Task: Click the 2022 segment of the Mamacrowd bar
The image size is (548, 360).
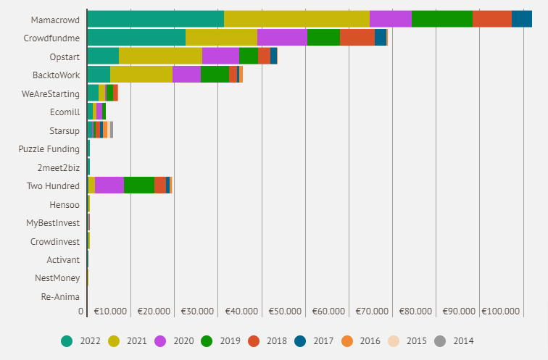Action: coord(155,20)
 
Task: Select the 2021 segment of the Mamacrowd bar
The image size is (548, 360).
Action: coord(296,20)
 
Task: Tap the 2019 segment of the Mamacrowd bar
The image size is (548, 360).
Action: coord(441,20)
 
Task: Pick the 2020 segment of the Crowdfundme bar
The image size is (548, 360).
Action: coord(282,38)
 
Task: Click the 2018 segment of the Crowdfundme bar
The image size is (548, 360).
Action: coord(357,38)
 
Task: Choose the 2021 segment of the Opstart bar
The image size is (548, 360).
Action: coord(160,56)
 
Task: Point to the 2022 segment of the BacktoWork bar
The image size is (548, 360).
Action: coord(99,75)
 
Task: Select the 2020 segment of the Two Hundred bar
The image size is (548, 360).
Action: coord(109,185)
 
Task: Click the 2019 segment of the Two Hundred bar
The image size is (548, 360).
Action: coord(139,185)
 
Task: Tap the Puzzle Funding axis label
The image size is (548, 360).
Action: coord(49,149)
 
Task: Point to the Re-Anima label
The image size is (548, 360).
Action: coord(60,296)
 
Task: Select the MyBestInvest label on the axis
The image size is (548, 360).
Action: coord(53,222)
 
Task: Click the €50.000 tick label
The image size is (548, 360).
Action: coord(285,311)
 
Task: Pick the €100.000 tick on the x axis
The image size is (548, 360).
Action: coord(501,311)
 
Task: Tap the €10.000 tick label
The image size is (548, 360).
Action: coord(110,311)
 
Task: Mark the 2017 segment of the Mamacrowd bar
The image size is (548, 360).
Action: coord(521,20)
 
